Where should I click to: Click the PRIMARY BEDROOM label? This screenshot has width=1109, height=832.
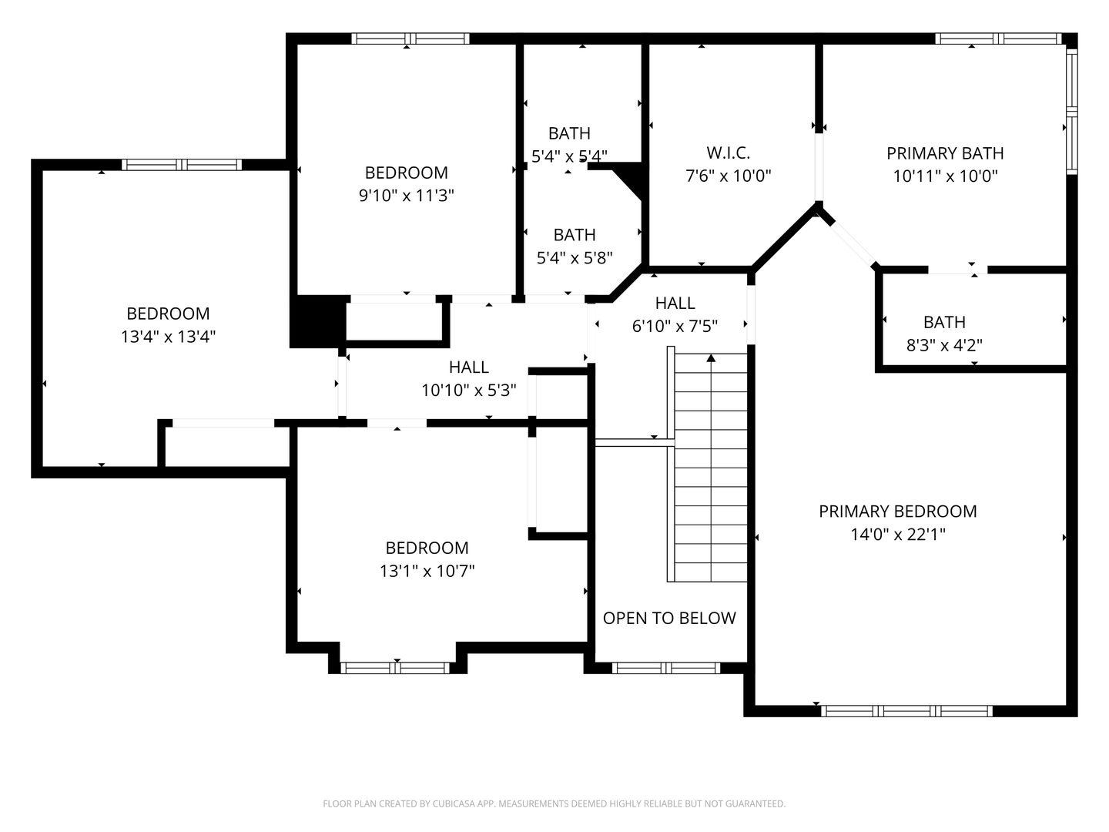pos(897,512)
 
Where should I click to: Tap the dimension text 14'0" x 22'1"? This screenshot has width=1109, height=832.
pos(897,535)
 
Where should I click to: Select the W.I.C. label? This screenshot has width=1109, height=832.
pos(728,153)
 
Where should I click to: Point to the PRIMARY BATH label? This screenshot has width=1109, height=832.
pos(945,153)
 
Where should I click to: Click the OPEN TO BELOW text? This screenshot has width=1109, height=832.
pos(669,618)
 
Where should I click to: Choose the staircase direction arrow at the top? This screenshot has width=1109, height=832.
pos(711,358)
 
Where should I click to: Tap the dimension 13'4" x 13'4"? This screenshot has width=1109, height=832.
pos(168,337)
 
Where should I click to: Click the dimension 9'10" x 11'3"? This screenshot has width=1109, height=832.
pos(406,196)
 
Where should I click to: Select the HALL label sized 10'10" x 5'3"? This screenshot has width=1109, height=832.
pos(468,367)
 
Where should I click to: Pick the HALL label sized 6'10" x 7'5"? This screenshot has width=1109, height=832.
pos(675,303)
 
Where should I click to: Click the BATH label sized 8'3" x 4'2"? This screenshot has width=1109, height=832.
pos(944,322)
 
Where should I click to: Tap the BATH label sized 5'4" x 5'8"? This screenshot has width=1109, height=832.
pos(575,235)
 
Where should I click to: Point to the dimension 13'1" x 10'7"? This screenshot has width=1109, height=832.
pos(427,571)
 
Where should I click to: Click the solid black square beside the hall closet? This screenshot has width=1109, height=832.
pos(317,321)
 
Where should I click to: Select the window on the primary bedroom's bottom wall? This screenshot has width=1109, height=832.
pos(906,710)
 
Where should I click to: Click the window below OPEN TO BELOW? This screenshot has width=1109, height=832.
pos(666,668)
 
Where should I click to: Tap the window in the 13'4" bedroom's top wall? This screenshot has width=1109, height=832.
pos(181,164)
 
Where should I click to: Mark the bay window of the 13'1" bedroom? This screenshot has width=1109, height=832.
pos(395,668)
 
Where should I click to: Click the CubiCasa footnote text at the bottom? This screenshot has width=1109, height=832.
pos(554,803)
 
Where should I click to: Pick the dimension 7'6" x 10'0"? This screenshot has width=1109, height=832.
pos(728,176)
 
